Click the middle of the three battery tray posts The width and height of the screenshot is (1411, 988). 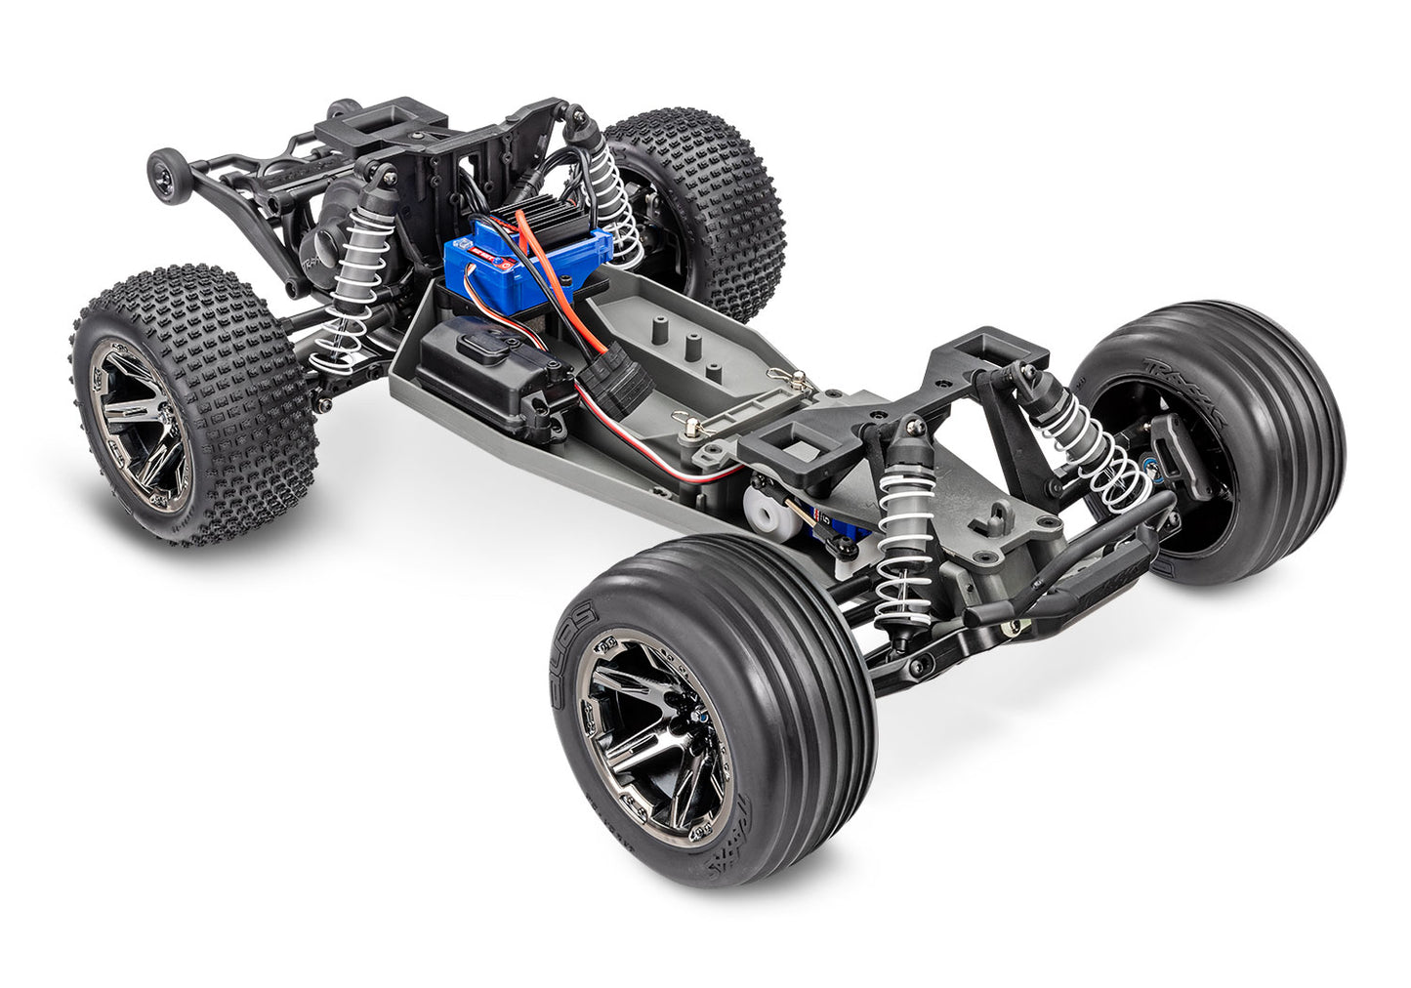(693, 350)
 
